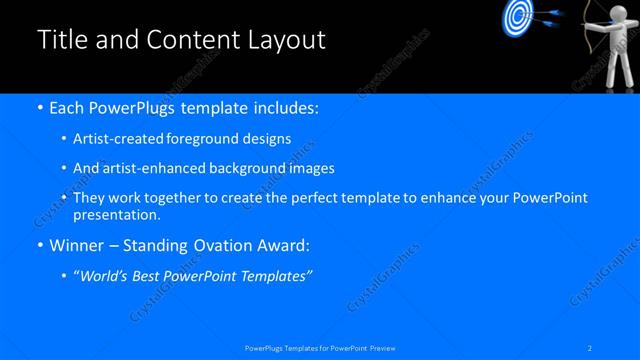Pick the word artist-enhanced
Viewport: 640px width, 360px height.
[154, 168]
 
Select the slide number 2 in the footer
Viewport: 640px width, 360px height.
[592, 347]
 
